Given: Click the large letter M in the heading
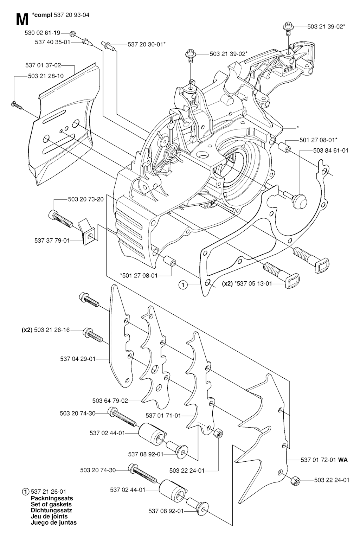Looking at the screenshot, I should pos(22,20).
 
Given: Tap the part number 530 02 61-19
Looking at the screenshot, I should pos(42,33).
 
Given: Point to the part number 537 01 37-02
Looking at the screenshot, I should pos(43,65).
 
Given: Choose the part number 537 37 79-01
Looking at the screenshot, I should pos(52,241).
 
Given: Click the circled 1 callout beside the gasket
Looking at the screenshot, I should pos(182,285).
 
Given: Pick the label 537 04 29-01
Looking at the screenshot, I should pos(78,359).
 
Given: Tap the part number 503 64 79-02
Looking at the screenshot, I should pos(110,401).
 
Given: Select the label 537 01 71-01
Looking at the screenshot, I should pos(163,416).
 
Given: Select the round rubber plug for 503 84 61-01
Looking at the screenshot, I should pos(300,201).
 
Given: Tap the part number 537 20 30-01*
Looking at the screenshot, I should pos(147,44).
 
